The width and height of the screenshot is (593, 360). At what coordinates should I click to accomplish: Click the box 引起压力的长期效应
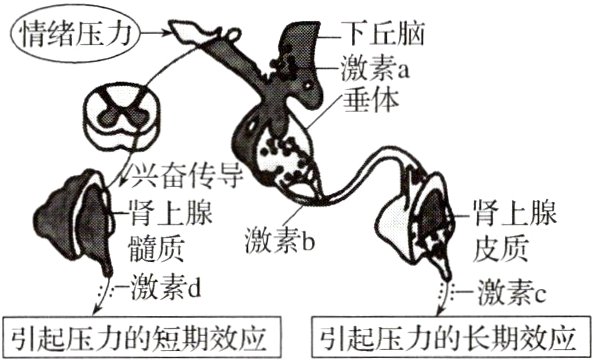point(451,334)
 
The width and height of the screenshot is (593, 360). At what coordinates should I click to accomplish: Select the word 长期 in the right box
point(499,334)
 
